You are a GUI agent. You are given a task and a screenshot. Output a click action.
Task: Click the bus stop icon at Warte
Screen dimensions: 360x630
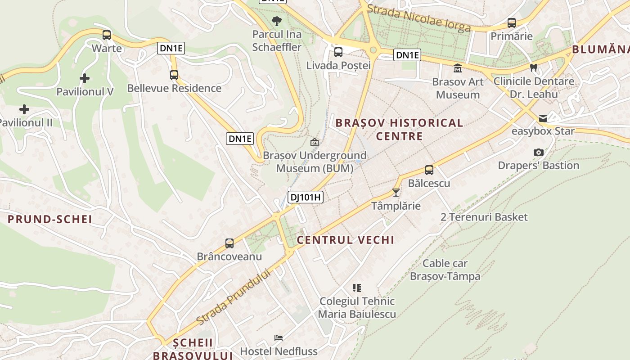point(107,35)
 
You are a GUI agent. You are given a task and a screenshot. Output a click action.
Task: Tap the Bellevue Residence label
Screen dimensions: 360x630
point(174,88)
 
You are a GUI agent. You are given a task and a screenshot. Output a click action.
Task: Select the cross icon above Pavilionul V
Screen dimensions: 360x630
point(84,79)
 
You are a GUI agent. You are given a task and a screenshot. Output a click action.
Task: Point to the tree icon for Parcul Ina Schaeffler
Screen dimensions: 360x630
point(277,20)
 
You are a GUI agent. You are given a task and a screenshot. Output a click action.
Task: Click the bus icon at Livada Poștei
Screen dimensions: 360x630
point(338,52)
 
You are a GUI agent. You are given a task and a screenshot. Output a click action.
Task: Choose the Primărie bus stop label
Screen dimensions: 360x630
point(511,36)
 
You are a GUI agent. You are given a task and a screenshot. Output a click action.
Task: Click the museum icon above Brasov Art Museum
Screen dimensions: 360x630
point(458,68)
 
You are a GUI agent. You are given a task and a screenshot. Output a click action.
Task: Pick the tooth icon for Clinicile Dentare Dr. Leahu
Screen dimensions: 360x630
point(534,68)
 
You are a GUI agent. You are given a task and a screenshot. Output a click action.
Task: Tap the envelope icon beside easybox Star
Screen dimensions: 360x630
point(543,118)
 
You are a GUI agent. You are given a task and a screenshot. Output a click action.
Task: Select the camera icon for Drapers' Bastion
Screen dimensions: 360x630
point(538,153)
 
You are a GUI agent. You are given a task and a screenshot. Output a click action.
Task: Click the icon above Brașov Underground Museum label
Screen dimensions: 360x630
point(315,142)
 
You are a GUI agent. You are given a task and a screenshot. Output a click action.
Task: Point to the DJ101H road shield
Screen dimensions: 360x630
point(306,197)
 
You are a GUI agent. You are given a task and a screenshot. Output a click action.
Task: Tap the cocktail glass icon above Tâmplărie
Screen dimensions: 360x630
point(396,193)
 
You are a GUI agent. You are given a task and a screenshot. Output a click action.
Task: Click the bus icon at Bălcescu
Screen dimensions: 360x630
point(429,170)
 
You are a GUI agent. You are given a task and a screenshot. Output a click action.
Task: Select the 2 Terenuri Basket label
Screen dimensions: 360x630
point(484,217)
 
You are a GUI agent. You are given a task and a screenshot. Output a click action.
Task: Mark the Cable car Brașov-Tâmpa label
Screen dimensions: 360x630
point(445,270)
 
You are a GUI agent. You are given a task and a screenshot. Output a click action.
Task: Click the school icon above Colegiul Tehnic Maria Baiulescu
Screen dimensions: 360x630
point(357,288)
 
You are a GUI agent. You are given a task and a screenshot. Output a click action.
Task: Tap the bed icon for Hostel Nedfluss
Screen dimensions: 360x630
point(279,338)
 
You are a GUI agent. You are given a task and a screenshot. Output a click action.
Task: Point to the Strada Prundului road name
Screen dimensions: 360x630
point(234,297)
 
